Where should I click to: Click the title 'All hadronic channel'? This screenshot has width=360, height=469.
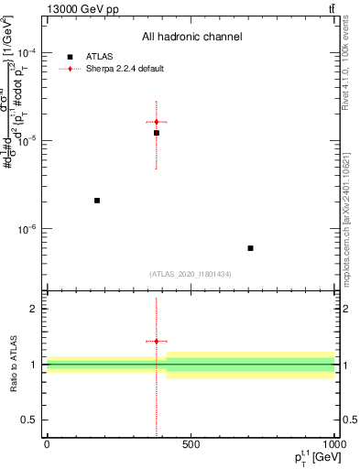tap(191, 38)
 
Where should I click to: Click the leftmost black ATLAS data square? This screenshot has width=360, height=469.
tap(97, 200)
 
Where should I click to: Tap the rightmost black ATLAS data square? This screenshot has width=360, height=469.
tap(250, 248)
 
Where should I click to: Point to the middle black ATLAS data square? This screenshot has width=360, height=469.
tap(157, 133)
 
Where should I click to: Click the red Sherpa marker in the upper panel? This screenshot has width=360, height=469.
tap(157, 122)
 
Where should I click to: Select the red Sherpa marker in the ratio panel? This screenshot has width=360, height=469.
tap(157, 341)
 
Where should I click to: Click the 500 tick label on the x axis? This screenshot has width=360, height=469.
tap(191, 444)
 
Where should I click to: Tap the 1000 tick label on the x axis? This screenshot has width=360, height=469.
tap(333, 444)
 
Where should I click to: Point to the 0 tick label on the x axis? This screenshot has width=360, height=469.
tap(47, 444)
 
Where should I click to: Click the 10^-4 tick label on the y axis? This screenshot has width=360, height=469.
tap(28, 52)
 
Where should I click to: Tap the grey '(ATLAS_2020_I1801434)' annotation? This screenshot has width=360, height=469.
tap(191, 274)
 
